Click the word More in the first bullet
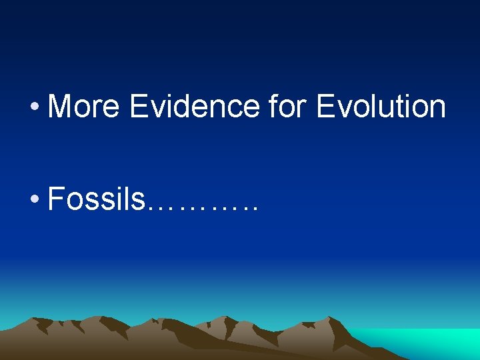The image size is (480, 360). [x=83, y=107]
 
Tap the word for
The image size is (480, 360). [x=289, y=107]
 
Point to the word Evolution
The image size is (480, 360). [x=381, y=107]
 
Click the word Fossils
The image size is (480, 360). [x=96, y=198]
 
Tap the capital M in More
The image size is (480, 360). [x=61, y=107]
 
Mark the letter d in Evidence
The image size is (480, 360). [x=185, y=107]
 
